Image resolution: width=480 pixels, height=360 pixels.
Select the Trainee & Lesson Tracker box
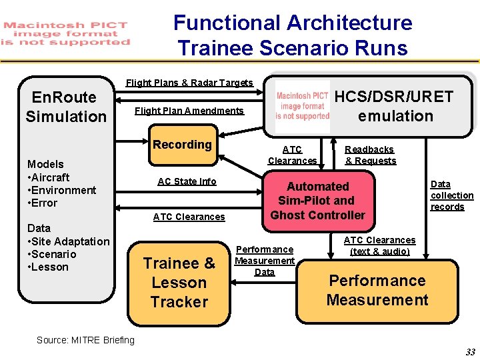179,282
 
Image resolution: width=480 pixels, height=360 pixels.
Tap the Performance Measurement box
377,290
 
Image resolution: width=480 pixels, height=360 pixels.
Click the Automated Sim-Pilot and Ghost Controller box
317,201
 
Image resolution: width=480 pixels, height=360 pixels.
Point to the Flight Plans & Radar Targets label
189,83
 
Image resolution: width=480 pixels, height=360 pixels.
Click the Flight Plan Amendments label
189,111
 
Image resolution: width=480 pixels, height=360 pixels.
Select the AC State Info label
187,181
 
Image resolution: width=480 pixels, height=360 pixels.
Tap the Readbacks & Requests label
370,155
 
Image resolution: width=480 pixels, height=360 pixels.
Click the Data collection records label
451,195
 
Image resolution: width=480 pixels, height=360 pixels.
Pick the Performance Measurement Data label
265,261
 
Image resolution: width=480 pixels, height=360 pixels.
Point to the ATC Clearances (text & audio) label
379,245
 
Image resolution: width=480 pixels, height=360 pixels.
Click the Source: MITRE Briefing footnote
85,340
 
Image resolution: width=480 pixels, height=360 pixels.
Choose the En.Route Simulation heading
66,107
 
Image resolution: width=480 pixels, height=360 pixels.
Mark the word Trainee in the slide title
206,48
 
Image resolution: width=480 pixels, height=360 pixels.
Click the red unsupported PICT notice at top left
66,33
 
